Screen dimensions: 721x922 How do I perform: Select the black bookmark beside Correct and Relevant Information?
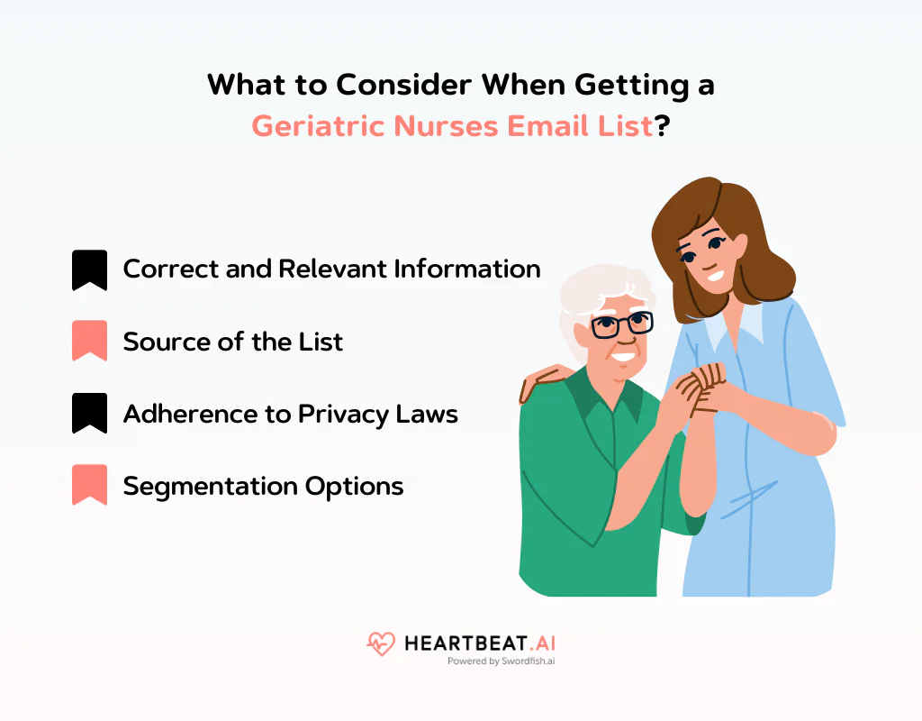pyautogui.click(x=89, y=269)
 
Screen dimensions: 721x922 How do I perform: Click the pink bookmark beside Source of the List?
pyautogui.click(x=89, y=342)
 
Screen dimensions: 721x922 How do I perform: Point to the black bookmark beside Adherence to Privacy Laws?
pyautogui.click(x=89, y=414)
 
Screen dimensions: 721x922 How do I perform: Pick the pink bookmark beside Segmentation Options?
pyautogui.click(x=89, y=486)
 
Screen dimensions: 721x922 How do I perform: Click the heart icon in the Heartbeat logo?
pyautogui.click(x=381, y=643)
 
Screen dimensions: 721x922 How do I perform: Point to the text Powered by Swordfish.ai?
pyautogui.click(x=501, y=661)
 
